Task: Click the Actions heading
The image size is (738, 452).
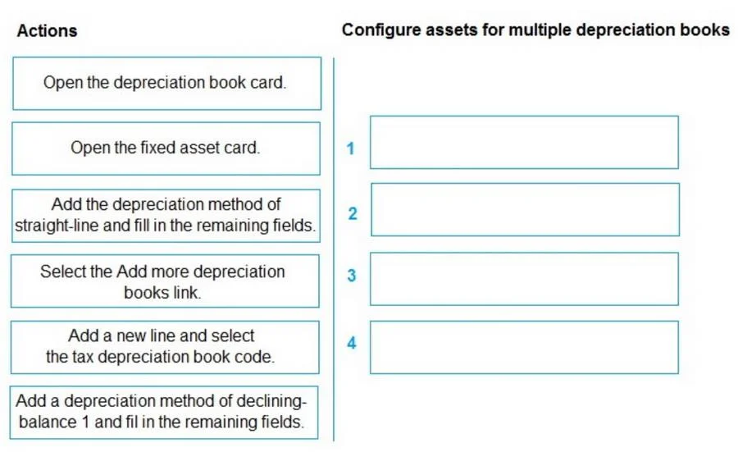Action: (x=47, y=30)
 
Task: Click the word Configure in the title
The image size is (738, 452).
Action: (x=381, y=30)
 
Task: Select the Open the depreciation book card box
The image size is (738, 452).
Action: (x=167, y=84)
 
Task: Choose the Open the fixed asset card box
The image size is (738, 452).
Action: (x=166, y=148)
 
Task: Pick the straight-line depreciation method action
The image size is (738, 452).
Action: (x=166, y=216)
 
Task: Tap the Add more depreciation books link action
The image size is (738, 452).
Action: (x=165, y=281)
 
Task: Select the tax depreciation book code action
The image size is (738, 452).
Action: (x=165, y=348)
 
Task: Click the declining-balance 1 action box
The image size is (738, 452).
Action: (x=164, y=413)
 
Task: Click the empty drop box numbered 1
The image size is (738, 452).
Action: (x=524, y=142)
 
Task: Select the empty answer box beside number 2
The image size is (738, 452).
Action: (x=526, y=209)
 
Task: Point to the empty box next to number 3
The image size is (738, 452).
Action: (x=524, y=279)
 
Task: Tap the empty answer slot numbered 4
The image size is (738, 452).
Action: (x=524, y=348)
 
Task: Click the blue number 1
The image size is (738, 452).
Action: (x=350, y=148)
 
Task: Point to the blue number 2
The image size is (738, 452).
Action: (x=353, y=214)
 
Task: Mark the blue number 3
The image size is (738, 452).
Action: (x=352, y=276)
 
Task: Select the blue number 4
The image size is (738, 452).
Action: (x=352, y=343)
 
